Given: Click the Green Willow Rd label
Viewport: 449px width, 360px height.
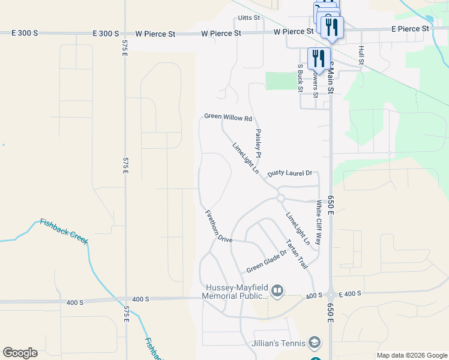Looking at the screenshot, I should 228,117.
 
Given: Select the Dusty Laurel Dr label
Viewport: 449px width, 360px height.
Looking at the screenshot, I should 290,173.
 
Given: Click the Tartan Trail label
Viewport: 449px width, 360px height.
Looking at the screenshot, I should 297,253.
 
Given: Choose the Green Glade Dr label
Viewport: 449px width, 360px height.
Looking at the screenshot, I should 267,261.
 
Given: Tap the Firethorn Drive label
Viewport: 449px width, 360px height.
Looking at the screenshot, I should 218,226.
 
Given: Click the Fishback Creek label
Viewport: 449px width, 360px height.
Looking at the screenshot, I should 64,230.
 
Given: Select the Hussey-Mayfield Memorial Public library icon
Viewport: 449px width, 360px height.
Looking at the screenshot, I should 277,292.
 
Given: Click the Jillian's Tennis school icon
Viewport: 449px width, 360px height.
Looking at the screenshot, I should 314,343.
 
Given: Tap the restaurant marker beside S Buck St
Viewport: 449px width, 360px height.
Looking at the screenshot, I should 318,58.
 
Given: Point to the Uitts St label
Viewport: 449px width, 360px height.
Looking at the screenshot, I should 249,18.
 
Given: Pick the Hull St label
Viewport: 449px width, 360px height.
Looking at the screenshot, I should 361,55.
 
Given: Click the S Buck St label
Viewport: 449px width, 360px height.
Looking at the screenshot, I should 300,78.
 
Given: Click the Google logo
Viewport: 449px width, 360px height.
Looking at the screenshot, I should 20,352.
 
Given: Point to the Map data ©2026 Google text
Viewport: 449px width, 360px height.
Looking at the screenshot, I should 411,355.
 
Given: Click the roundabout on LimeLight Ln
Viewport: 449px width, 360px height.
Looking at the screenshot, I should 280,199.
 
